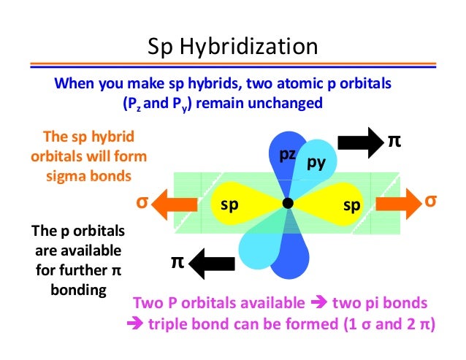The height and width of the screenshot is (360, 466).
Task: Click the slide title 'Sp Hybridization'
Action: coord(233,48)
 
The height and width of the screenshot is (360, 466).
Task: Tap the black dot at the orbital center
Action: coord(288,203)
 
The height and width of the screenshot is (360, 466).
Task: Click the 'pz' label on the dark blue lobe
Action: coord(287,156)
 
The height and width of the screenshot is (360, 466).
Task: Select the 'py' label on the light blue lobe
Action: coord(316,163)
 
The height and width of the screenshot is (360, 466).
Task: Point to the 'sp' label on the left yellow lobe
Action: coord(230,206)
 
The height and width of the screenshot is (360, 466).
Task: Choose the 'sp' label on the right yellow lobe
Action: coord(352,206)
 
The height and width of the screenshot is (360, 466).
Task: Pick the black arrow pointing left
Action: coord(211,259)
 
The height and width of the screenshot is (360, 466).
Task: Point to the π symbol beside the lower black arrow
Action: coord(177,261)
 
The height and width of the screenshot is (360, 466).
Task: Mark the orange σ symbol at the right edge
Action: coord(431,200)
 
